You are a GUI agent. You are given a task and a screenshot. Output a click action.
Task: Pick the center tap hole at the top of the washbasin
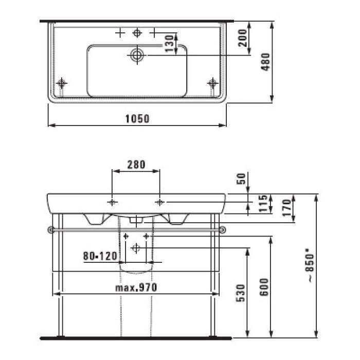click(x=137, y=33)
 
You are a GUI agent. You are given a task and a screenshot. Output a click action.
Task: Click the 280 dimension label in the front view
click(x=136, y=165)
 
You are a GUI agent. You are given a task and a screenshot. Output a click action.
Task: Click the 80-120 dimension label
click(x=98, y=255)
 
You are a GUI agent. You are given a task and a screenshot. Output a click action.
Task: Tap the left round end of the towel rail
click(x=50, y=229)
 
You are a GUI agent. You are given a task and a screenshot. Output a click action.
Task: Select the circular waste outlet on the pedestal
click(x=136, y=248)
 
